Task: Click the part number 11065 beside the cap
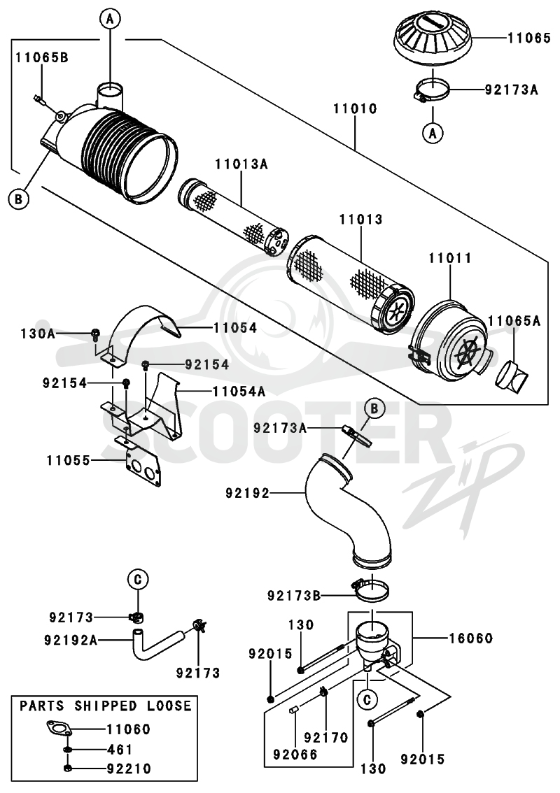[x=529, y=38]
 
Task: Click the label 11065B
[x=41, y=57]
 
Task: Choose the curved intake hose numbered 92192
[x=349, y=510]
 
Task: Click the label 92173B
[x=294, y=596]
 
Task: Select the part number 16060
[x=471, y=638]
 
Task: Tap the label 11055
[x=69, y=461]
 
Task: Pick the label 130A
[x=38, y=334]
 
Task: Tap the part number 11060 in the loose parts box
[x=129, y=729]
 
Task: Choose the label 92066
[x=295, y=755]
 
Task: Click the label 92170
[x=327, y=738]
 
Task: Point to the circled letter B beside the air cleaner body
[x=18, y=199]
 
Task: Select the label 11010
[x=355, y=108]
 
